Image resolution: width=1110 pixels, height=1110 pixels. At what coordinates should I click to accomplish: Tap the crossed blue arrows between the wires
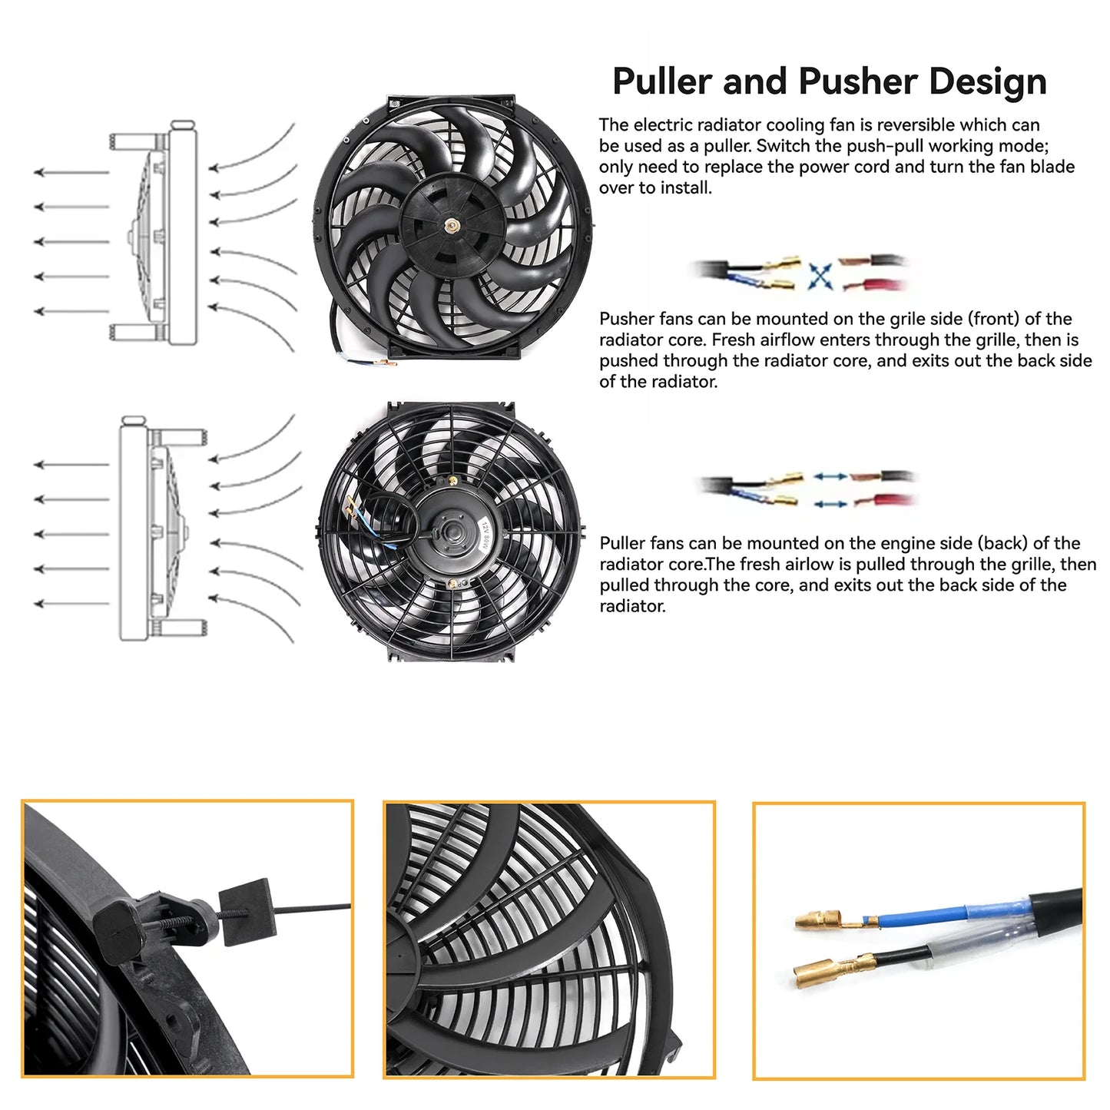click(x=820, y=275)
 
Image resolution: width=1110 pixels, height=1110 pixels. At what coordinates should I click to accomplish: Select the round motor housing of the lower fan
click(x=451, y=530)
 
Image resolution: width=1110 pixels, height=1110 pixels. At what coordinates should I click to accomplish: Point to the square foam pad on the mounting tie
click(x=245, y=912)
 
